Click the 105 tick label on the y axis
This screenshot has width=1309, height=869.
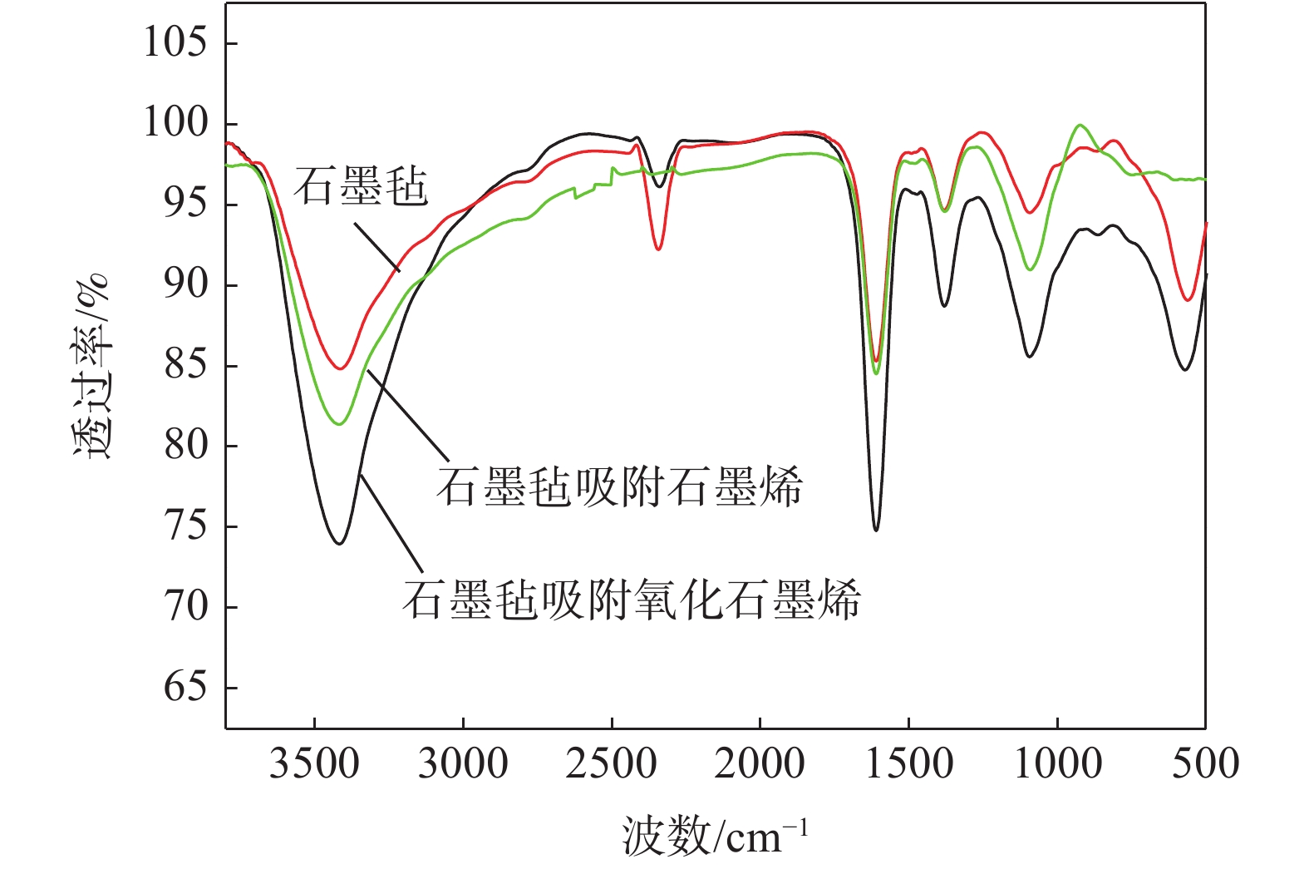coord(175,42)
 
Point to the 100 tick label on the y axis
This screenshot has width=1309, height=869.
coord(175,122)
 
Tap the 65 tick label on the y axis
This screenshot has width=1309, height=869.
coord(185,687)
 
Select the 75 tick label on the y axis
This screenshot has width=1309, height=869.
coord(185,526)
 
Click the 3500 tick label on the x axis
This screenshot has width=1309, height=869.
coord(314,763)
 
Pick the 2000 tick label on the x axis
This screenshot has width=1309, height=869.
coord(760,763)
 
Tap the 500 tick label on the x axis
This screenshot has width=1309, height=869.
coord(1205,763)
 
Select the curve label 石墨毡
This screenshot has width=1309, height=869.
coord(361,185)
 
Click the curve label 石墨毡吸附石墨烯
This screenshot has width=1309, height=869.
coord(619,486)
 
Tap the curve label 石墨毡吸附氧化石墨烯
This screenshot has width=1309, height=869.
coord(632,599)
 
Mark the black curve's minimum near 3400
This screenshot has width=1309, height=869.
coord(339,544)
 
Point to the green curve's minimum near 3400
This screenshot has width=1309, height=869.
coord(339,424)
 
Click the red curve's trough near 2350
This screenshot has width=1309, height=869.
coord(658,249)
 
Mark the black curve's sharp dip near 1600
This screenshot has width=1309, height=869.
coord(876,530)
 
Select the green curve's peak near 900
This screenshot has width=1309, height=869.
coord(1080,125)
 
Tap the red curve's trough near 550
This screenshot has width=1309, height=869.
coord(1188,300)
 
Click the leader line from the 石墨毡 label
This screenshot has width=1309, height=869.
coord(377,246)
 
